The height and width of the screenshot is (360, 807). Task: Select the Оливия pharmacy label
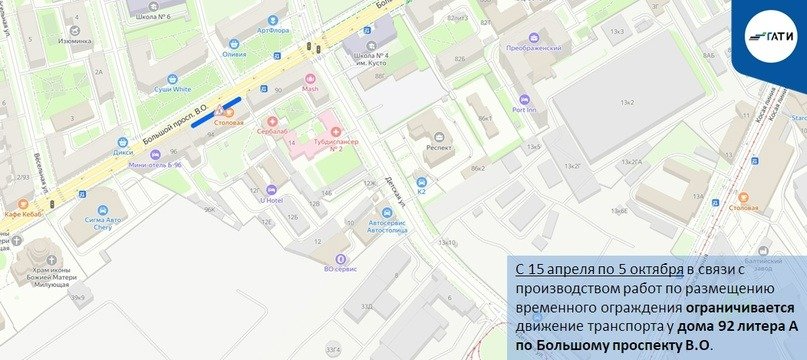pos(234,54)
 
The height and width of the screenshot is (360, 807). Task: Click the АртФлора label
pos(273,30)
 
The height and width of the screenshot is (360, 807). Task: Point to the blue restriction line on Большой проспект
pos(216,111)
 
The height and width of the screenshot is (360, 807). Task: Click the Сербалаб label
pos(271,131)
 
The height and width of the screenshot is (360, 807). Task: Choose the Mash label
pos(310,88)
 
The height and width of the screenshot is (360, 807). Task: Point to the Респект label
pos(440,145)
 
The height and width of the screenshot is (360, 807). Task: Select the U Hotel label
pos(271,199)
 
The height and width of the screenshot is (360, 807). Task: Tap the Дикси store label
pos(123,152)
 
